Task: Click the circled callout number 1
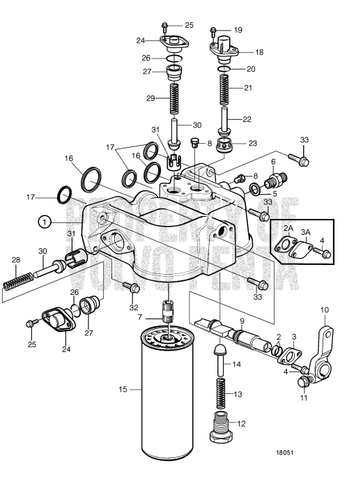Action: click(44, 221)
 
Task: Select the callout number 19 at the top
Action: click(238, 30)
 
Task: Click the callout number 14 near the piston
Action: click(236, 363)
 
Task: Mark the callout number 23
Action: click(252, 143)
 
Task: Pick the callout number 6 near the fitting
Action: click(273, 161)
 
